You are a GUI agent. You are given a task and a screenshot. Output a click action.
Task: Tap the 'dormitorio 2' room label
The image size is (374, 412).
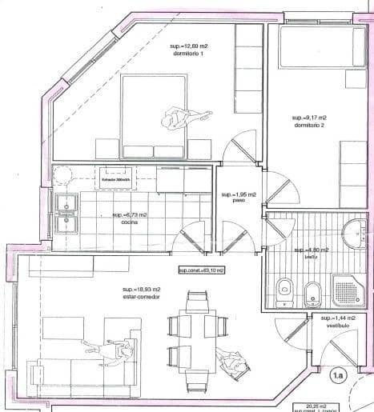point(308,126)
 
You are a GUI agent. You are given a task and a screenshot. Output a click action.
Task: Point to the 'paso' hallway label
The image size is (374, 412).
point(238,202)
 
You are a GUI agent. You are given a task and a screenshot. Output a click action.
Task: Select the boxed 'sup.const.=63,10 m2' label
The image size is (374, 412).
point(201,270)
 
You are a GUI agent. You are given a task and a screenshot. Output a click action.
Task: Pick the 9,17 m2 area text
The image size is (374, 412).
point(308,117)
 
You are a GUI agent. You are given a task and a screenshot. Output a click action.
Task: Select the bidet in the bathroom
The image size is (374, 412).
point(312,293)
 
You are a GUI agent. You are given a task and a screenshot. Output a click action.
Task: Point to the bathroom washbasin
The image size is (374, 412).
point(353,233)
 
